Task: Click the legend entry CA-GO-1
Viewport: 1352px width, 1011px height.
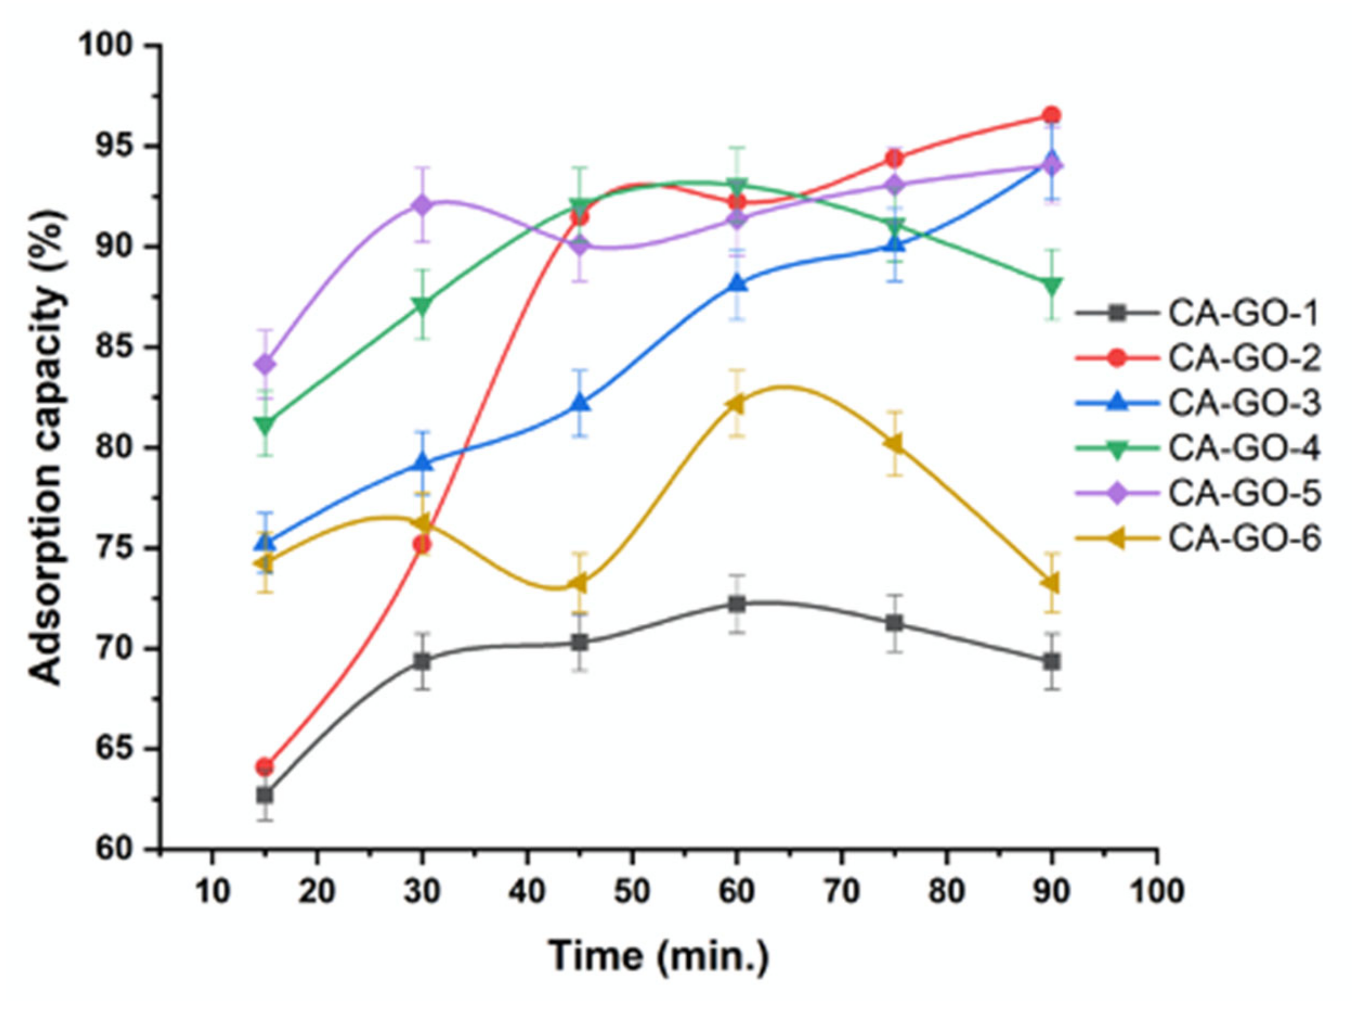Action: [x=1244, y=313]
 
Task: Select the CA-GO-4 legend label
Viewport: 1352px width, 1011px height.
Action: [x=1244, y=448]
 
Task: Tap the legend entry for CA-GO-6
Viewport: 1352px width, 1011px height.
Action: [x=1244, y=539]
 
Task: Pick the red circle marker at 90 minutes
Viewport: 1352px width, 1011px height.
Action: [x=1052, y=115]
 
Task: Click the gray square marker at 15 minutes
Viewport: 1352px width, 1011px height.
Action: [x=265, y=795]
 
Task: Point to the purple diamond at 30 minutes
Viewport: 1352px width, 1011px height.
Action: [x=422, y=205]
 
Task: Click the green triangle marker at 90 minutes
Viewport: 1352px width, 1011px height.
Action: [x=1052, y=285]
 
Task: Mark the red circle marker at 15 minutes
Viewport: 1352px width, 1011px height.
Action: [x=265, y=766]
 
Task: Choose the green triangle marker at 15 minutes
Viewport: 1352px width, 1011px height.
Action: [x=265, y=425]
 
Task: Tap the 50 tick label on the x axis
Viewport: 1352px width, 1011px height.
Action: [x=632, y=892]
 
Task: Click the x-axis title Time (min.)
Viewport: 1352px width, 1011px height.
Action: [x=659, y=956]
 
